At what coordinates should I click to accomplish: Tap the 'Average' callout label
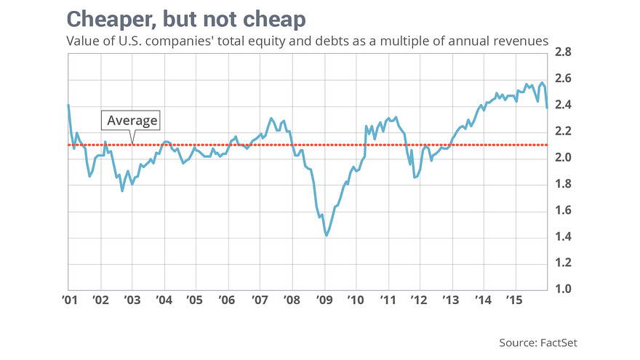coord(132,121)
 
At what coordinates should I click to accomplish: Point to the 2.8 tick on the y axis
coord(564,52)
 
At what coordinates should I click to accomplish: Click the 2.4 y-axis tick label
coord(564,105)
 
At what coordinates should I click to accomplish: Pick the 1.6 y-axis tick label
coord(564,211)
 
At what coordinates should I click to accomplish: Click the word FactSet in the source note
coord(561,342)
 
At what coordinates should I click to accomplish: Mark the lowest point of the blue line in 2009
coord(327,236)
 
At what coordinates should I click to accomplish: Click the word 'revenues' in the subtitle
coord(521,42)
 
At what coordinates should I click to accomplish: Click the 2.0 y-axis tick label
coord(564,158)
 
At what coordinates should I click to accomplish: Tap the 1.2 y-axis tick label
coord(564,263)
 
